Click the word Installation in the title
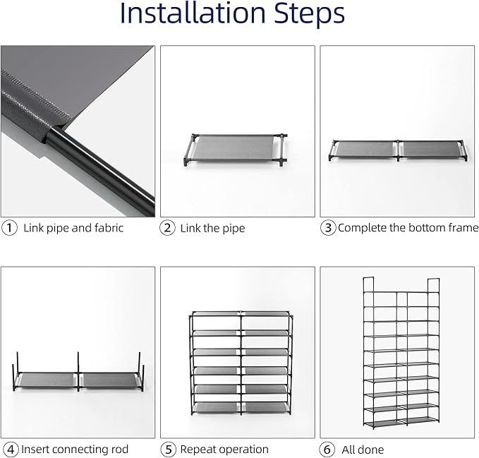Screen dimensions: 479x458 (193, 13)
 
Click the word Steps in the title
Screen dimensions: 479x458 (309, 14)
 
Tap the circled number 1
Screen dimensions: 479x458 (9, 228)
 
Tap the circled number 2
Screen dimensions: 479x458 (167, 228)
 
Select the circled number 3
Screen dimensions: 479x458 (328, 228)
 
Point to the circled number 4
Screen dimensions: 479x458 (11, 450)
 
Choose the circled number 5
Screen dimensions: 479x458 (169, 450)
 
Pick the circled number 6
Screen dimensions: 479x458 (327, 450)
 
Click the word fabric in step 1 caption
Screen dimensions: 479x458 (109, 228)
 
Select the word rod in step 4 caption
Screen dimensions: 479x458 (120, 449)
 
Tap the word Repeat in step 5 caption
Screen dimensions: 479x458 (198, 450)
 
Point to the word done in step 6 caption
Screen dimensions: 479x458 (372, 450)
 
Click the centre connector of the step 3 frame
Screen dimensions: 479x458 (398, 150)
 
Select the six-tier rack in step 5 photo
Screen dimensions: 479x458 (241, 363)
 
